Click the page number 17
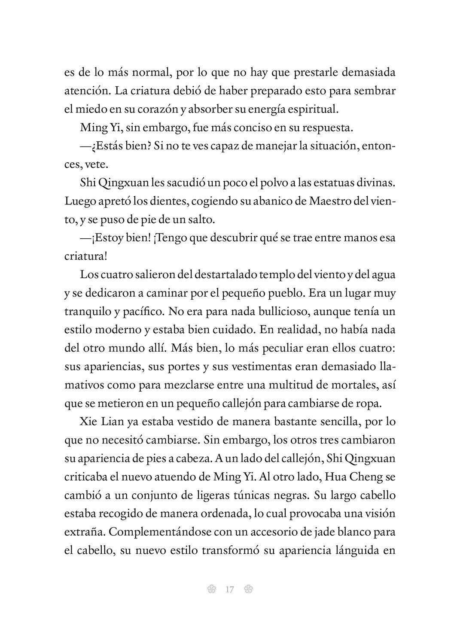point(229,589)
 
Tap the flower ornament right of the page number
point(248,589)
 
